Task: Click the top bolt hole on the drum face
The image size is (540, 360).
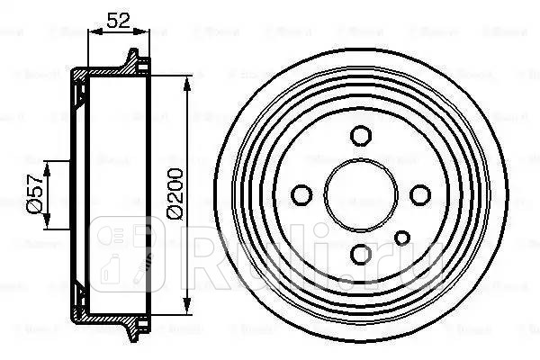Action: (x=361, y=136)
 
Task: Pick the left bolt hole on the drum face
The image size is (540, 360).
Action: (x=302, y=193)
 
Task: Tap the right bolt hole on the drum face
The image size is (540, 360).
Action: (x=418, y=194)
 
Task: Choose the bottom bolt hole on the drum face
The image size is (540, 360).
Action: (x=361, y=252)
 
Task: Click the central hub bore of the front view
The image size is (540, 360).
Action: (x=361, y=193)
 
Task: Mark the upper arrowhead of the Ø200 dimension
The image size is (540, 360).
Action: (x=186, y=83)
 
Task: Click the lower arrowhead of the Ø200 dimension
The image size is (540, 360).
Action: (x=186, y=303)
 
